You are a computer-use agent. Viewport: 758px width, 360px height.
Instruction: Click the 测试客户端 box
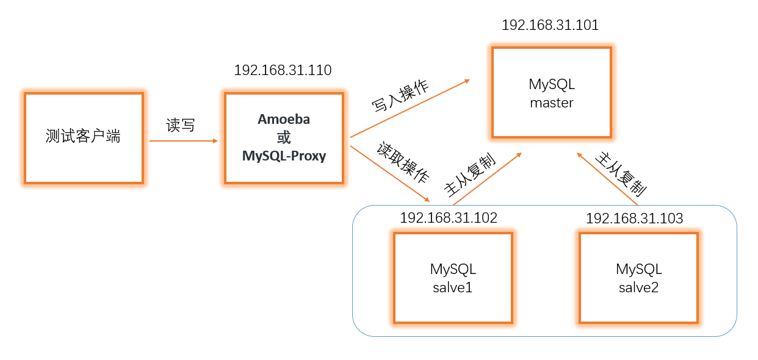[84, 137]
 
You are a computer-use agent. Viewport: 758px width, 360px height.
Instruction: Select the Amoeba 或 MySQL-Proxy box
[284, 137]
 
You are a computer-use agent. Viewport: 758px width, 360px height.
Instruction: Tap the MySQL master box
[552, 93]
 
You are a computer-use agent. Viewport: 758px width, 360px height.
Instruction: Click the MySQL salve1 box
[453, 278]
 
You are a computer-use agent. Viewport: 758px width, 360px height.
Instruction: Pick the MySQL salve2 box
[638, 278]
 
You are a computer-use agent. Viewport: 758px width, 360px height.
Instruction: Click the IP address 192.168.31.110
[283, 70]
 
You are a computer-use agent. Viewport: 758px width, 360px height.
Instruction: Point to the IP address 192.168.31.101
[550, 25]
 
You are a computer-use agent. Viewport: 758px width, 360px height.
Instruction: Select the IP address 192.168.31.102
[449, 218]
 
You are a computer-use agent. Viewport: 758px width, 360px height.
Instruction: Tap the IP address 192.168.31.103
[634, 218]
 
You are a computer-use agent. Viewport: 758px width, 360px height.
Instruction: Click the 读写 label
[181, 126]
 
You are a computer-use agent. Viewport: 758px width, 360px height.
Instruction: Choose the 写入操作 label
[400, 95]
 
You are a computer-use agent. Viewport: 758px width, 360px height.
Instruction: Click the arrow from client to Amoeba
[183, 141]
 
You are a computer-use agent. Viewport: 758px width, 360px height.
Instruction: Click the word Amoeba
[284, 120]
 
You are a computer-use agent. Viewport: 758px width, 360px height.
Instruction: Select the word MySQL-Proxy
[284, 156]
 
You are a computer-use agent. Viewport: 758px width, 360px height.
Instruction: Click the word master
[552, 103]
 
